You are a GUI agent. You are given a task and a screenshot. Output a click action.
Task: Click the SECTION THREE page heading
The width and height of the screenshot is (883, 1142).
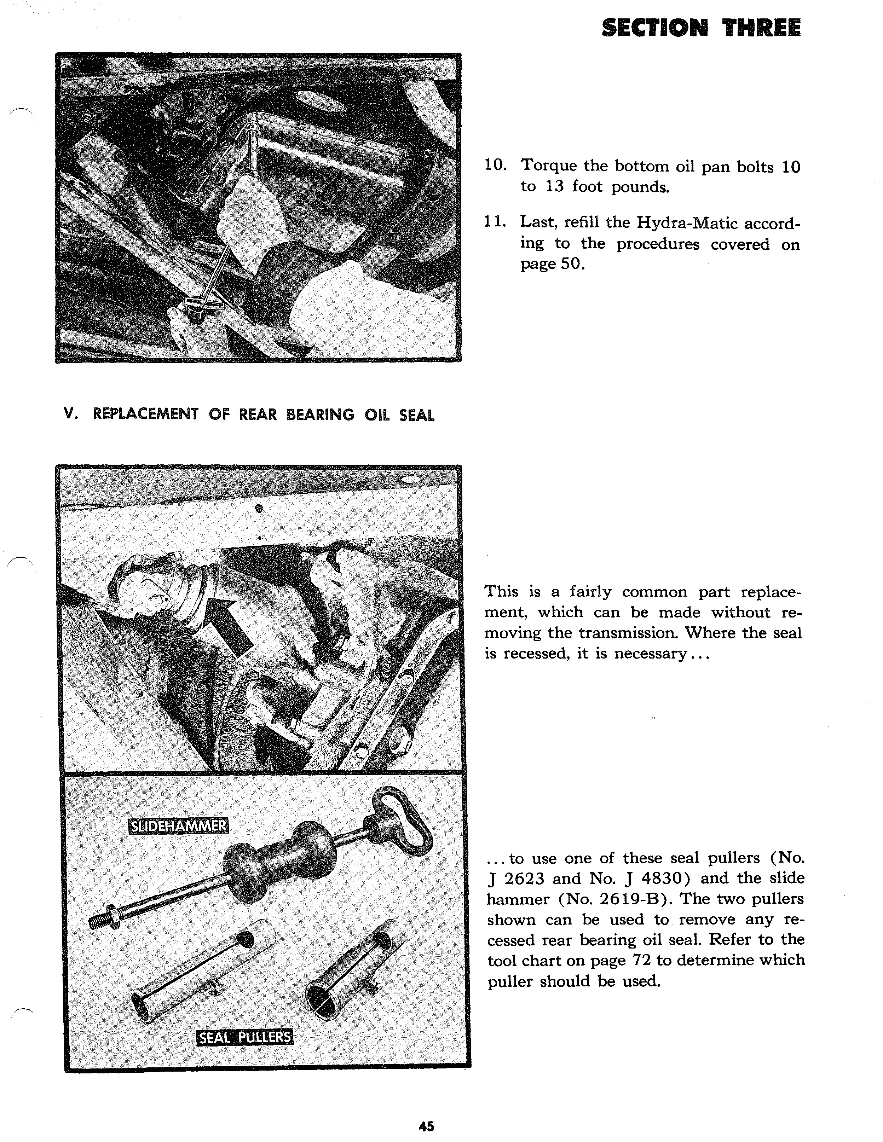(x=701, y=28)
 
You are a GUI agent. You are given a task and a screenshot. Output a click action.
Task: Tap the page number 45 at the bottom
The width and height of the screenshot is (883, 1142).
(x=426, y=1126)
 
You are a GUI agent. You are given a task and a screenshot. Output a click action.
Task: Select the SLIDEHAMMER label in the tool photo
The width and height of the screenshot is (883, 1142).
(x=178, y=826)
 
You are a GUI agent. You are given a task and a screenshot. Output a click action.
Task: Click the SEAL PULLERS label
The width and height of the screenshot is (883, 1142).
(x=245, y=1037)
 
